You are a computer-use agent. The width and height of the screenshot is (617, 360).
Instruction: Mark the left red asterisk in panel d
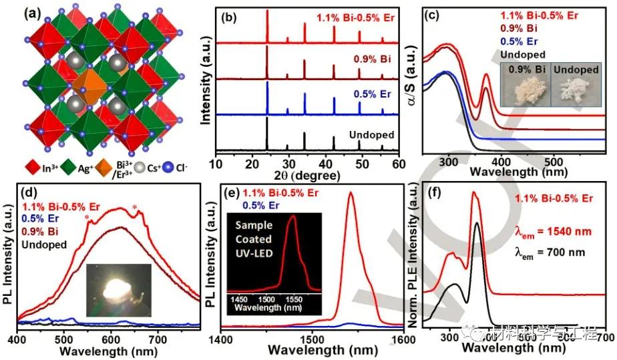pyautogui.click(x=87, y=218)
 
